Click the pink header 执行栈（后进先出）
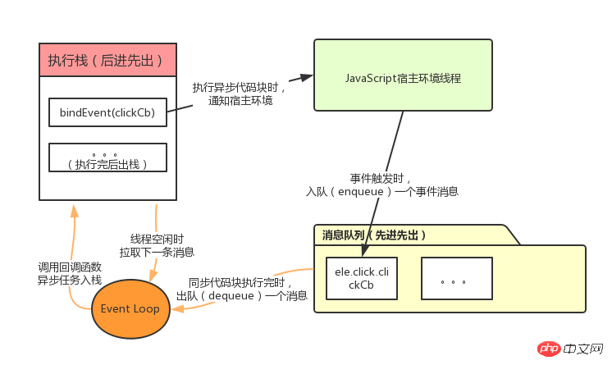click(107, 60)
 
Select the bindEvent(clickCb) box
click(107, 112)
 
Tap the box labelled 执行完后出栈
click(107, 158)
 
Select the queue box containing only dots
click(457, 278)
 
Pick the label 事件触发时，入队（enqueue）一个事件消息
click(381, 185)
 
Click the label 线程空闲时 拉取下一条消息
click(157, 245)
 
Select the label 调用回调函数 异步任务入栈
click(71, 273)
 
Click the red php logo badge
click(550, 349)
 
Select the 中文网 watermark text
click(584, 349)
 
